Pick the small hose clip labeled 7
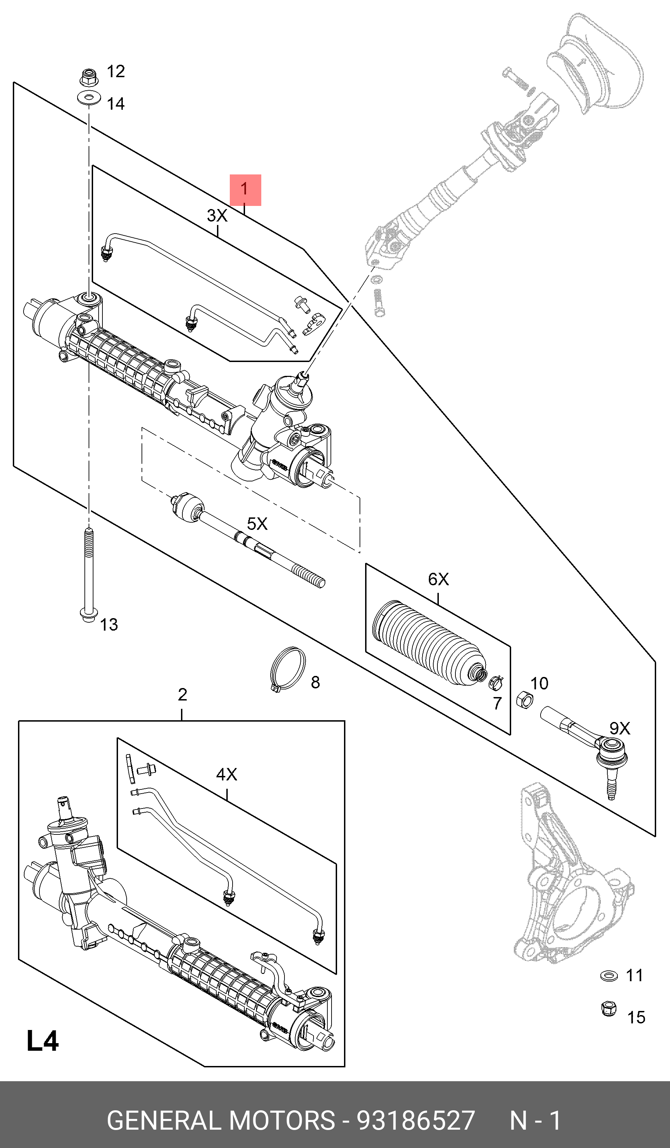[495, 682]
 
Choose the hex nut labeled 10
[525, 699]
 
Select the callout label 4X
[226, 775]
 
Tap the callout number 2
[182, 695]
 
